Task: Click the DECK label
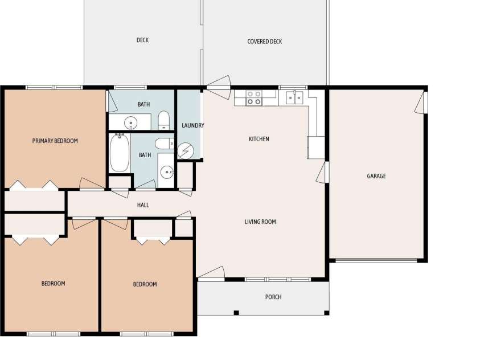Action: pyautogui.click(x=142, y=40)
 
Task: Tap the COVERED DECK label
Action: pyautogui.click(x=265, y=42)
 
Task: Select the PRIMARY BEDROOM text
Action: pyautogui.click(x=55, y=141)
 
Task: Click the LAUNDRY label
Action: pyautogui.click(x=193, y=125)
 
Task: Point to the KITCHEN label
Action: pyautogui.click(x=259, y=139)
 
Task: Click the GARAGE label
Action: pyautogui.click(x=376, y=176)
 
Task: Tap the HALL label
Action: pyautogui.click(x=143, y=205)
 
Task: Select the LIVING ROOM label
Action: pyautogui.click(x=260, y=222)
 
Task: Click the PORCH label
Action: pyautogui.click(x=273, y=297)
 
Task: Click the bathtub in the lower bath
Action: pyautogui.click(x=120, y=153)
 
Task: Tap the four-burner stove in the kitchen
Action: pyautogui.click(x=254, y=97)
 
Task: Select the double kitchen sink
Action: pyautogui.click(x=294, y=97)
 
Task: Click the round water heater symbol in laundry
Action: pyautogui.click(x=186, y=151)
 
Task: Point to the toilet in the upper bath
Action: pyautogui.click(x=164, y=120)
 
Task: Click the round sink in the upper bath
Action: pyautogui.click(x=131, y=123)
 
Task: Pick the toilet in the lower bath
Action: pyautogui.click(x=165, y=144)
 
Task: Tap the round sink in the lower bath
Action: pyautogui.click(x=167, y=173)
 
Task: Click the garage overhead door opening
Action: pyautogui.click(x=376, y=260)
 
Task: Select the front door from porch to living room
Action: pyautogui.click(x=211, y=274)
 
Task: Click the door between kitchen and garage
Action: pyautogui.click(x=323, y=173)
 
